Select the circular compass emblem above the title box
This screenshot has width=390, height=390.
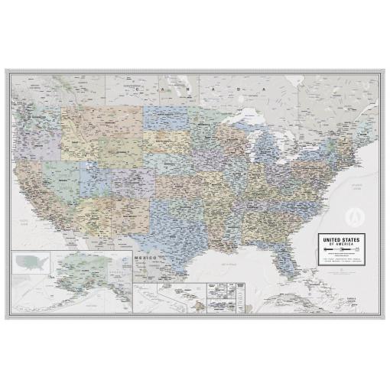[356, 215]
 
